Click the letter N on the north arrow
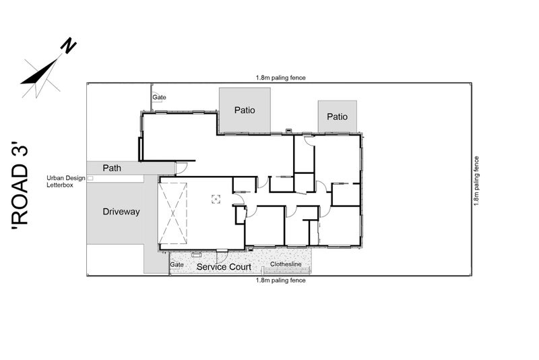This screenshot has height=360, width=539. pyautogui.click(x=69, y=45)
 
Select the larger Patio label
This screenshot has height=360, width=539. pyautogui.click(x=245, y=110)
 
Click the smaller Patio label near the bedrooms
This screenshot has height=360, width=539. pyautogui.click(x=337, y=117)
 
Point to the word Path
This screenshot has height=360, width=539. pyautogui.click(x=112, y=168)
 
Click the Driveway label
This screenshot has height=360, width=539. pyautogui.click(x=121, y=212)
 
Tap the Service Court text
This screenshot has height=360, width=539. pyautogui.click(x=224, y=267)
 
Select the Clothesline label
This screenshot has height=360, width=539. pyautogui.click(x=286, y=264)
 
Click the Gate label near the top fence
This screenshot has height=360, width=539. pyautogui.click(x=159, y=97)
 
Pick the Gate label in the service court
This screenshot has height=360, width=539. pyautogui.click(x=177, y=264)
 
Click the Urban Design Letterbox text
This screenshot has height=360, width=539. pyautogui.click(x=65, y=181)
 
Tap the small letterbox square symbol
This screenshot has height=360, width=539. pyautogui.click(x=90, y=178)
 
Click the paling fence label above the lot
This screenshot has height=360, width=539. pyautogui.click(x=280, y=78)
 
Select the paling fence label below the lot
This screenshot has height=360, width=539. pyautogui.click(x=280, y=280)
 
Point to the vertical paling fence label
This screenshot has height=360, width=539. pyautogui.click(x=476, y=181)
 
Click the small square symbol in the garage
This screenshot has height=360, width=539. pyautogui.click(x=216, y=199)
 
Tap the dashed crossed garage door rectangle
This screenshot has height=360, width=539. pyautogui.click(x=172, y=213)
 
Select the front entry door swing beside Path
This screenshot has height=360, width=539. pyautogui.click(x=181, y=167)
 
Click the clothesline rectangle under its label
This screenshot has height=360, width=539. pyautogui.click(x=286, y=270)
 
